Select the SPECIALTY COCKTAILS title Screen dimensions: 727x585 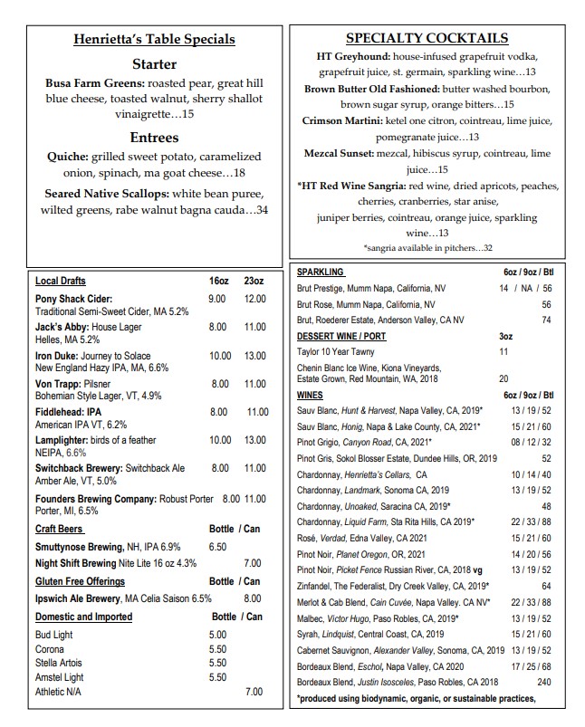point(427,38)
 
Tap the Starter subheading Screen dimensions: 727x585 point(153,64)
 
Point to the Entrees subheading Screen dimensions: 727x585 point(153,138)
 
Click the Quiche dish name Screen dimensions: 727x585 point(67,157)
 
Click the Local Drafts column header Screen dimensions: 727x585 point(61,281)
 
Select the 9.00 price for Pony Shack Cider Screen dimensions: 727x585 point(216,299)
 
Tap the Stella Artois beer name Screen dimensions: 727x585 point(60,662)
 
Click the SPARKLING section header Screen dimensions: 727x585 point(320,272)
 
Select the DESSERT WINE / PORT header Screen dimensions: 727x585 point(341,336)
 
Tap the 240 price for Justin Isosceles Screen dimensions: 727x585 point(543,682)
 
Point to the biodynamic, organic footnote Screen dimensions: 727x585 point(416,698)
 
